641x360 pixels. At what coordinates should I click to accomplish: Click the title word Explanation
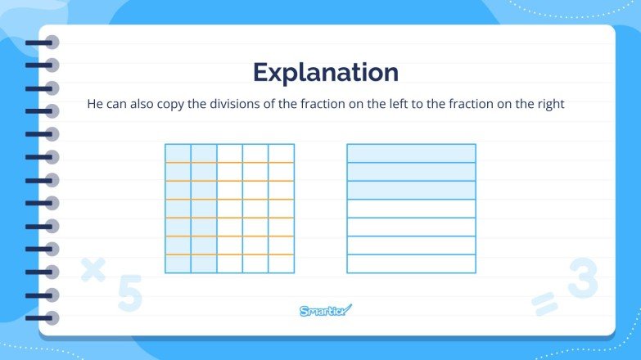tap(326, 72)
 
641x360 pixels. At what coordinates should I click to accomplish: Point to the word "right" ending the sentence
tap(548, 105)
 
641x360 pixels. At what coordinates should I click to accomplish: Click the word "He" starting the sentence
tap(95, 105)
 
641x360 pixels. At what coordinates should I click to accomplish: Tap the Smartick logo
tap(326, 310)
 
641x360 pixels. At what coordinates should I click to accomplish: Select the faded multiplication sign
tap(93, 269)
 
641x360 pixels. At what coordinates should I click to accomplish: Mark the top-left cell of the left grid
tap(178, 153)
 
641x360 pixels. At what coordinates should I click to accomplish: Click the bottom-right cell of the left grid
tap(281, 263)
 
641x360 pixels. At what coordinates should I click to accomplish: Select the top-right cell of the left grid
tap(281, 153)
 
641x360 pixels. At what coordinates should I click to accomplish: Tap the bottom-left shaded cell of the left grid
tap(178, 263)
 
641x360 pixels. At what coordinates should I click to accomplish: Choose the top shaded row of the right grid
tap(411, 153)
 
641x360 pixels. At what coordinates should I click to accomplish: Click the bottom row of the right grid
tap(411, 263)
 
